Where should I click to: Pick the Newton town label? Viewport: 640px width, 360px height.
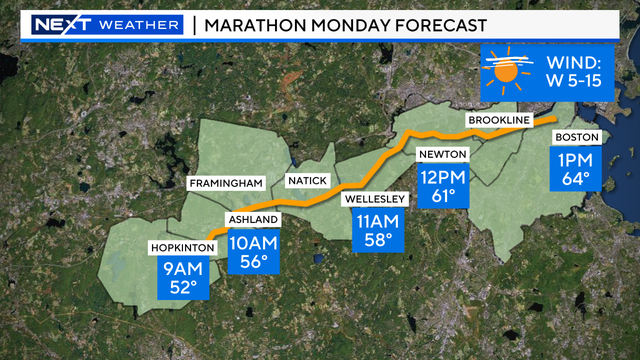click(x=442, y=155)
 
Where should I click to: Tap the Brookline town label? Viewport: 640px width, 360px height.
click(x=497, y=121)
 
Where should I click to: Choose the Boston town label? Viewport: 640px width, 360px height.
click(x=576, y=136)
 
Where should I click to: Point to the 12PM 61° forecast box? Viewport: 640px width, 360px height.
click(x=442, y=184)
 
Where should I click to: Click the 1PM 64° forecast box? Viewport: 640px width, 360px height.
click(x=576, y=169)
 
